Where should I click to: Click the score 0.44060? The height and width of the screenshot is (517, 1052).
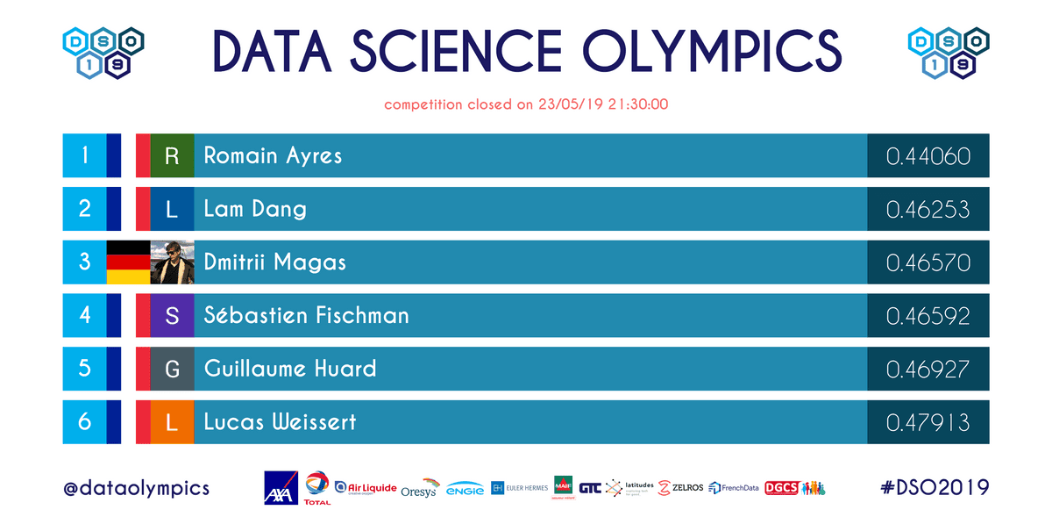[928, 156]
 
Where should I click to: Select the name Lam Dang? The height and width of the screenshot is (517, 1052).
[255, 209]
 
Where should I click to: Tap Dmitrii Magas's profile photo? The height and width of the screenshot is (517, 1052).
[172, 262]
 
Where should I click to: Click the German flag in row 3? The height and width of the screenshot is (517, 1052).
[128, 262]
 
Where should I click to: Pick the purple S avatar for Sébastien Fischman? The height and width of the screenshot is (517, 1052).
[172, 316]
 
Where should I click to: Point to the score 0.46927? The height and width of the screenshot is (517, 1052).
[928, 369]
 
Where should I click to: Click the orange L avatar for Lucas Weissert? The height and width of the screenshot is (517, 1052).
[172, 422]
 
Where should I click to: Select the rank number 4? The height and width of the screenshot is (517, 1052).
[84, 316]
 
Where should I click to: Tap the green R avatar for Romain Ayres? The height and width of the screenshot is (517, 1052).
[172, 156]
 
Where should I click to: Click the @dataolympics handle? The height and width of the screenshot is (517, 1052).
[136, 488]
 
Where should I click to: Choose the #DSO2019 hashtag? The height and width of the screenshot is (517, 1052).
[935, 488]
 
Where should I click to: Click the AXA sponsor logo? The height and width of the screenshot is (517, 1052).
[281, 488]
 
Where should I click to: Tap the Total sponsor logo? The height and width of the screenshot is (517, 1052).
[317, 488]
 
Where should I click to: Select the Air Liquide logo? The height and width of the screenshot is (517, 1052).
[366, 488]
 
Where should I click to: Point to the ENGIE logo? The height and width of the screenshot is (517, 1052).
[465, 490]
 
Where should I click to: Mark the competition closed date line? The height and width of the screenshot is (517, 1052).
[526, 104]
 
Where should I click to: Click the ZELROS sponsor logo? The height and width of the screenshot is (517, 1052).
[680, 488]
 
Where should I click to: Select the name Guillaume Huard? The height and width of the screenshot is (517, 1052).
[290, 369]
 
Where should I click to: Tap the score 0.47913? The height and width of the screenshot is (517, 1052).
[928, 422]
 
